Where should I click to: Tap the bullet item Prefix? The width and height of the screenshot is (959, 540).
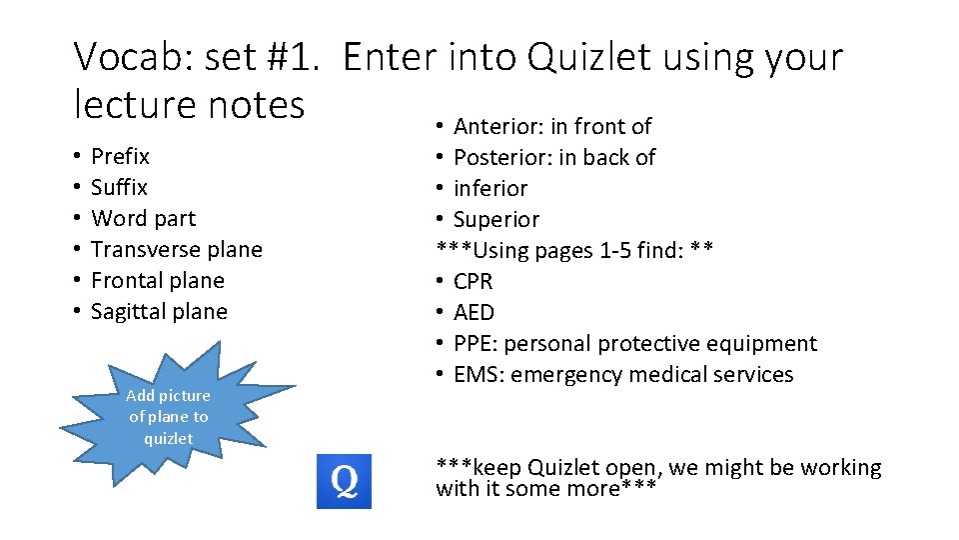point(120,157)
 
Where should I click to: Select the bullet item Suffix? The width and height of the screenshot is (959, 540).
point(119,188)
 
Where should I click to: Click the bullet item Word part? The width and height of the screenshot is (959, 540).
point(143,219)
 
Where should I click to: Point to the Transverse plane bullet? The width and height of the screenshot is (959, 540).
point(176,250)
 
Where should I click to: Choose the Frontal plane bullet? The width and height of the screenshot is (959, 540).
point(157,281)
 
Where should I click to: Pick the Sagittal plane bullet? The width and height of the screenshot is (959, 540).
point(159,312)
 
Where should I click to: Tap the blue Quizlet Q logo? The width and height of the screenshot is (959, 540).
point(344,481)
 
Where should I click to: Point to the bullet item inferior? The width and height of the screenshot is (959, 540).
point(490,189)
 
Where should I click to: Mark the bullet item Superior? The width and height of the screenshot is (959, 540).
point(496,220)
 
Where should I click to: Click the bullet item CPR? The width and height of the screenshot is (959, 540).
point(474,282)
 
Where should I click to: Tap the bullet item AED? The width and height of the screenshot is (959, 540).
point(474,313)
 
